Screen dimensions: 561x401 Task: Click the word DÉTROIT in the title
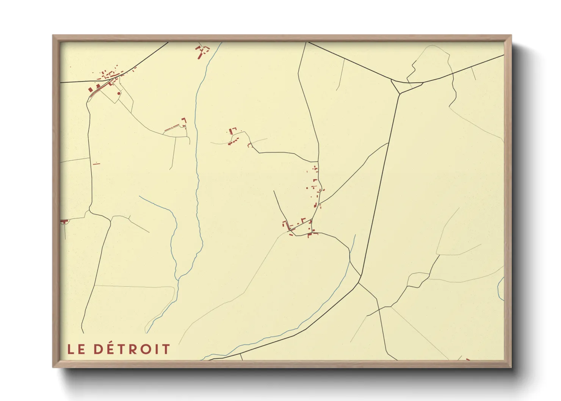[x=132, y=349]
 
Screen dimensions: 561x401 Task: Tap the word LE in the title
[x=76, y=349]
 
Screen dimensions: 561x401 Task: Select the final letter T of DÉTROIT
[x=166, y=349]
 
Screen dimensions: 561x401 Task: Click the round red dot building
[x=119, y=93]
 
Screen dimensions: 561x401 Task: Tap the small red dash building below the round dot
[x=96, y=163]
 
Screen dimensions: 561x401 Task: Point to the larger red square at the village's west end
[x=91, y=90]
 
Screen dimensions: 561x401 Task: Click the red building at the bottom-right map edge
[x=468, y=359]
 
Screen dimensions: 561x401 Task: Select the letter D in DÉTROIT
[x=98, y=349]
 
